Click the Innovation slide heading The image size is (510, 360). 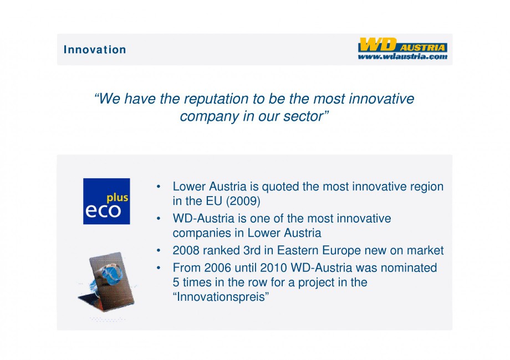95,49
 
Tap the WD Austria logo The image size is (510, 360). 402,49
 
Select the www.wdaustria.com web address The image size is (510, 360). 402,56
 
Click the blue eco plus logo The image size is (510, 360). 106,201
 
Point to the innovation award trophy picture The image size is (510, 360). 106,282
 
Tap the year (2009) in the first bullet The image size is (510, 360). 243,201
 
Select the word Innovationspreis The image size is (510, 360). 221,297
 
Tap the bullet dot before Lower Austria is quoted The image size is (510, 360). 159,187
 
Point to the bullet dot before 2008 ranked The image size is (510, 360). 159,250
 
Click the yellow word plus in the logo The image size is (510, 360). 118,198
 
